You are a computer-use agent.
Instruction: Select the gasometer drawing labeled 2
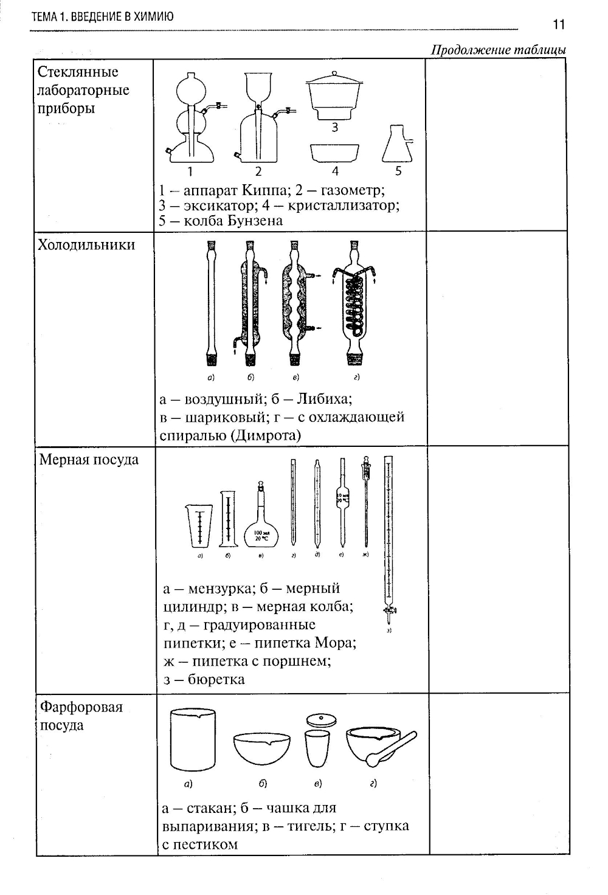(x=260, y=122)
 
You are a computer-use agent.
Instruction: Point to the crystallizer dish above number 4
(x=334, y=152)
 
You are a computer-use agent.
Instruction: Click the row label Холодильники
(x=86, y=244)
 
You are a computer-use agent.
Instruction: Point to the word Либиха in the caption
(x=323, y=399)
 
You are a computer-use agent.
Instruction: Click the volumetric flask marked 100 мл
(x=261, y=529)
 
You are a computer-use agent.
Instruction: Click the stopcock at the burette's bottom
(x=387, y=610)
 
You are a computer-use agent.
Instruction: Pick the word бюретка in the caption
(x=216, y=679)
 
